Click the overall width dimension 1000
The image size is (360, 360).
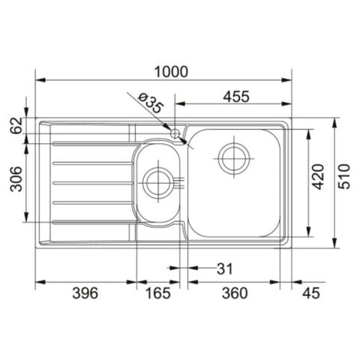click(x=171, y=70)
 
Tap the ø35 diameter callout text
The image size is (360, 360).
click(x=150, y=103)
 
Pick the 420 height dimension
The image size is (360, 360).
click(x=317, y=175)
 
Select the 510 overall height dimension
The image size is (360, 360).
click(x=344, y=177)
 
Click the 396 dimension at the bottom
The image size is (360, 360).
click(x=84, y=293)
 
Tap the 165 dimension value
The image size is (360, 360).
click(x=157, y=293)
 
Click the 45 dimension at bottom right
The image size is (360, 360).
click(x=309, y=293)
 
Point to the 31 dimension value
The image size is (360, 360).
click(x=224, y=268)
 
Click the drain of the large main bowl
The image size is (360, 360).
click(x=232, y=157)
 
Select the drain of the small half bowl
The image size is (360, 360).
click(x=158, y=181)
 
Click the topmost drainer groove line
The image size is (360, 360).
click(x=90, y=142)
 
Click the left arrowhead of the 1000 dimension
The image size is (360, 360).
click(x=39, y=79)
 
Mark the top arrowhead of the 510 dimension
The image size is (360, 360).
click(x=334, y=120)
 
